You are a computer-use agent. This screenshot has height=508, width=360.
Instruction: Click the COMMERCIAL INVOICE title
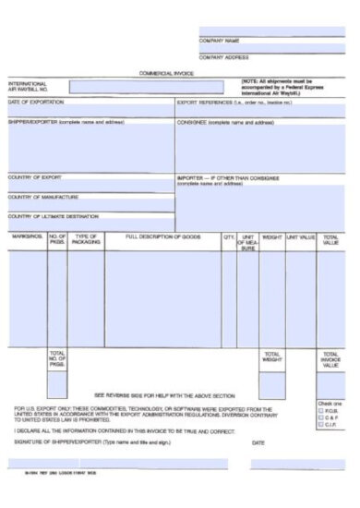(x=165, y=72)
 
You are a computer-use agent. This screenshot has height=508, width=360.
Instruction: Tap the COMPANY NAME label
(x=220, y=42)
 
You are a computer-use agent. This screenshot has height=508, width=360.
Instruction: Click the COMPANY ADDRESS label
(x=224, y=57)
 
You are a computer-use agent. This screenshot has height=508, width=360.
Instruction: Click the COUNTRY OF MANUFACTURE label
(x=43, y=197)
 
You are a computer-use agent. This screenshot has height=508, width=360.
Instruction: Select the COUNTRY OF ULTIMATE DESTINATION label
(x=53, y=216)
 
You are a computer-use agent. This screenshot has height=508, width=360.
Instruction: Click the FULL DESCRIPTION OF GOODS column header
(x=162, y=237)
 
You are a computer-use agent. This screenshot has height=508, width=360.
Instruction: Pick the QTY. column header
(x=229, y=237)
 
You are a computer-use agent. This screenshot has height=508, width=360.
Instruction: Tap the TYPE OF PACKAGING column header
(x=86, y=240)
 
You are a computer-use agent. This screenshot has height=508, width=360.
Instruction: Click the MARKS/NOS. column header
(x=27, y=237)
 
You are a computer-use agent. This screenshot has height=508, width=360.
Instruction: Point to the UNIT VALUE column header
(x=301, y=237)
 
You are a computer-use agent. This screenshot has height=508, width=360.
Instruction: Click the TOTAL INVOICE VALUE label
(x=330, y=360)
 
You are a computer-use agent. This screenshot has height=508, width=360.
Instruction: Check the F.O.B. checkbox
(x=320, y=410)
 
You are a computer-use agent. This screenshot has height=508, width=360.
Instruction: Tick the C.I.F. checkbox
(x=320, y=425)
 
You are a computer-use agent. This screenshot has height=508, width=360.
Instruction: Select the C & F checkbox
(x=320, y=417)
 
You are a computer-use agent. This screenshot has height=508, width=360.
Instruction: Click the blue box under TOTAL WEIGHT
(x=271, y=382)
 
